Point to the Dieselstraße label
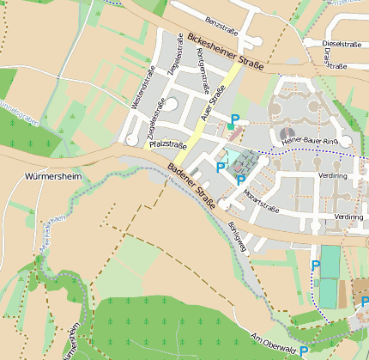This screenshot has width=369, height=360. pos(341,42)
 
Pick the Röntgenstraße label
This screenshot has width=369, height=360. pos(203,68)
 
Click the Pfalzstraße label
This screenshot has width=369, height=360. pos(168,145)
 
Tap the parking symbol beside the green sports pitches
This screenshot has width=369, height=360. pos(315,265)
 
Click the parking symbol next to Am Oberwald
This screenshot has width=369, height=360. pos(304,351)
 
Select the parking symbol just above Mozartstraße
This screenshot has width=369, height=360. pos(240,180)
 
